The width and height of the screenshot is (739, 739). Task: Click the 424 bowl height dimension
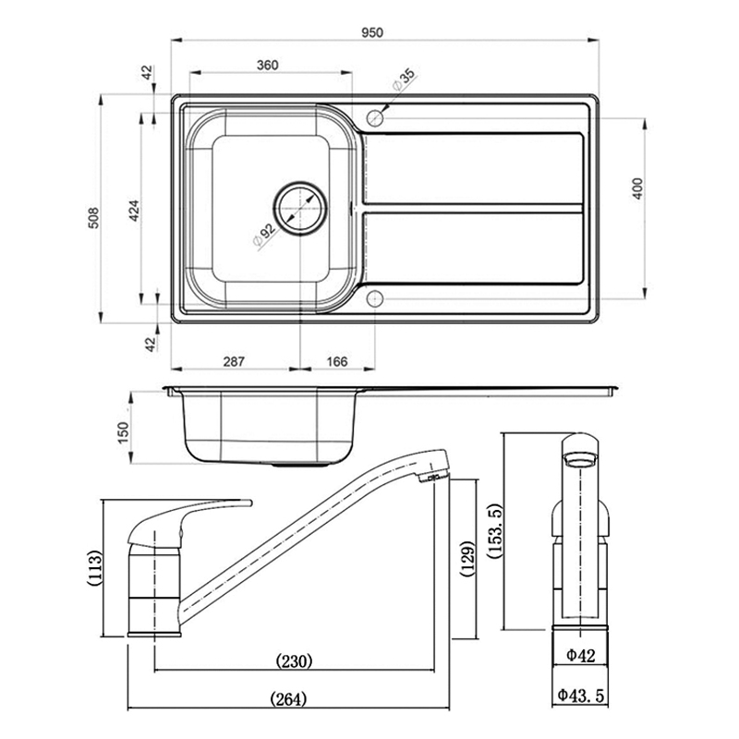[x=134, y=211]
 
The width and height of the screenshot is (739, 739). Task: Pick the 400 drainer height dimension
[x=636, y=188]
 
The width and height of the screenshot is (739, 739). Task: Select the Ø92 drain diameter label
[x=263, y=234]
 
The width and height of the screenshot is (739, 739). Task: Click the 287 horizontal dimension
[x=234, y=361]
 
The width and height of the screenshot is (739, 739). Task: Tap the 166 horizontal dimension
[x=337, y=361]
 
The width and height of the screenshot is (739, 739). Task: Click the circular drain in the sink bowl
[x=300, y=207]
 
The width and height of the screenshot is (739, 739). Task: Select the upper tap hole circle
[x=375, y=118]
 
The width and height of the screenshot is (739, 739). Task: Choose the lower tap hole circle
[x=375, y=300]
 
